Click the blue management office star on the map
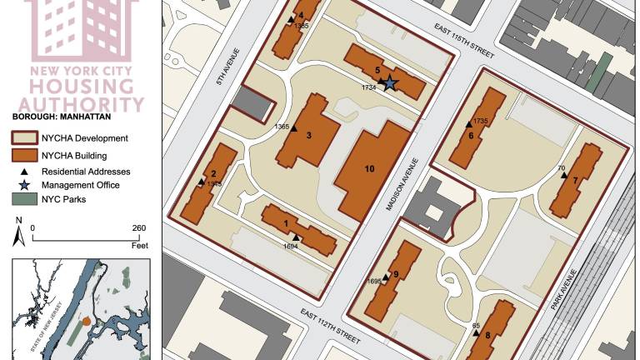pyautogui.click(x=390, y=82)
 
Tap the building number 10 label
pyautogui.click(x=369, y=168)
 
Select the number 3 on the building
pyautogui.click(x=308, y=135)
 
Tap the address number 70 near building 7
pyautogui.click(x=561, y=168)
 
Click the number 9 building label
pyautogui.click(x=396, y=274)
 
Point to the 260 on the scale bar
pyautogui.click(x=138, y=227)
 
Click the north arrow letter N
pyautogui.click(x=18, y=220)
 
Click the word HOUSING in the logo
pyautogui.click(x=82, y=87)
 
